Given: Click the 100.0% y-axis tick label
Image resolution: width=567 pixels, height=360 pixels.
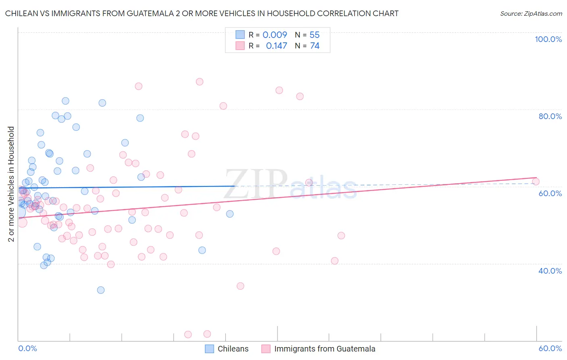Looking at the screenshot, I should pyautogui.click(x=548, y=39).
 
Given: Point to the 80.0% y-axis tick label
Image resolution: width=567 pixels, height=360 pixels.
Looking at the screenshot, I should pyautogui.click(x=550, y=116).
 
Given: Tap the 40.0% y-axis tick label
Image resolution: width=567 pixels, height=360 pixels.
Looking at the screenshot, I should pyautogui.click(x=550, y=271).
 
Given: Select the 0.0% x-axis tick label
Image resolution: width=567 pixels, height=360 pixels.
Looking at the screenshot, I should pyautogui.click(x=27, y=348).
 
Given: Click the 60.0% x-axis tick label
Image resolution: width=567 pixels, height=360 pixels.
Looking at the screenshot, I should pyautogui.click(x=550, y=348).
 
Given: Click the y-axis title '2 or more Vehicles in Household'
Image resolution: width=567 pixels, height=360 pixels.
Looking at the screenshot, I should pyautogui.click(x=11, y=184).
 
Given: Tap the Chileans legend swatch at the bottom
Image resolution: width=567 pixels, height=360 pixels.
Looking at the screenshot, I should pyautogui.click(x=209, y=349).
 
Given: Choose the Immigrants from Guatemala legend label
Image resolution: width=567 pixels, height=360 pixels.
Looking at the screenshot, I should pyautogui.click(x=325, y=349).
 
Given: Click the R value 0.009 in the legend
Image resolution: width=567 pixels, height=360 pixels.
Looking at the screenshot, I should pyautogui.click(x=275, y=35).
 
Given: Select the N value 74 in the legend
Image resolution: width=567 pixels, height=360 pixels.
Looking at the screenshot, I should pyautogui.click(x=315, y=46).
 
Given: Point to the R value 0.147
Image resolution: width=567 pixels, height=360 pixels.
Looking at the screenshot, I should pyautogui.click(x=276, y=46).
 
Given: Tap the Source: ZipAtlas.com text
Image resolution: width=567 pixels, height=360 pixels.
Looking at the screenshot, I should pyautogui.click(x=531, y=13).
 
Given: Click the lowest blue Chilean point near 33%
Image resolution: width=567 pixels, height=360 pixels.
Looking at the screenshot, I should pyautogui.click(x=101, y=290).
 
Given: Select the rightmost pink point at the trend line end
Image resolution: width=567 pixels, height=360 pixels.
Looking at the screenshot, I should pyautogui.click(x=536, y=182).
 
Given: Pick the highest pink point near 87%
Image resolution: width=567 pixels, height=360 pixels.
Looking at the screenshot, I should pyautogui.click(x=199, y=82).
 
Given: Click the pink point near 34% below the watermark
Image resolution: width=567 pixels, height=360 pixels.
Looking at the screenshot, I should pyautogui.click(x=240, y=286).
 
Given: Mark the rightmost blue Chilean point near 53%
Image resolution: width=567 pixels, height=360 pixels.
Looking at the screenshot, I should pyautogui.click(x=230, y=214).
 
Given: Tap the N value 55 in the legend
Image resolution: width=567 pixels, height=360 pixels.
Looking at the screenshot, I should pyautogui.click(x=315, y=35).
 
